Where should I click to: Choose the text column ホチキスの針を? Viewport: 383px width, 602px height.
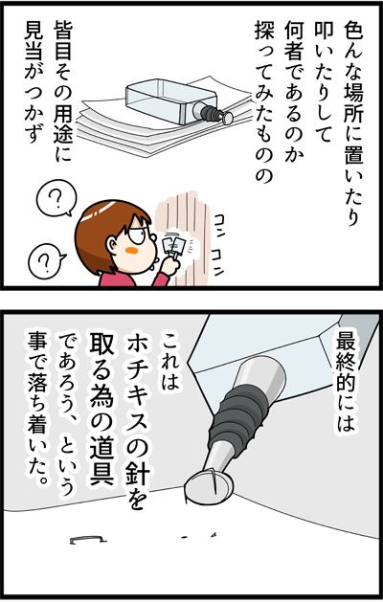[135, 422]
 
